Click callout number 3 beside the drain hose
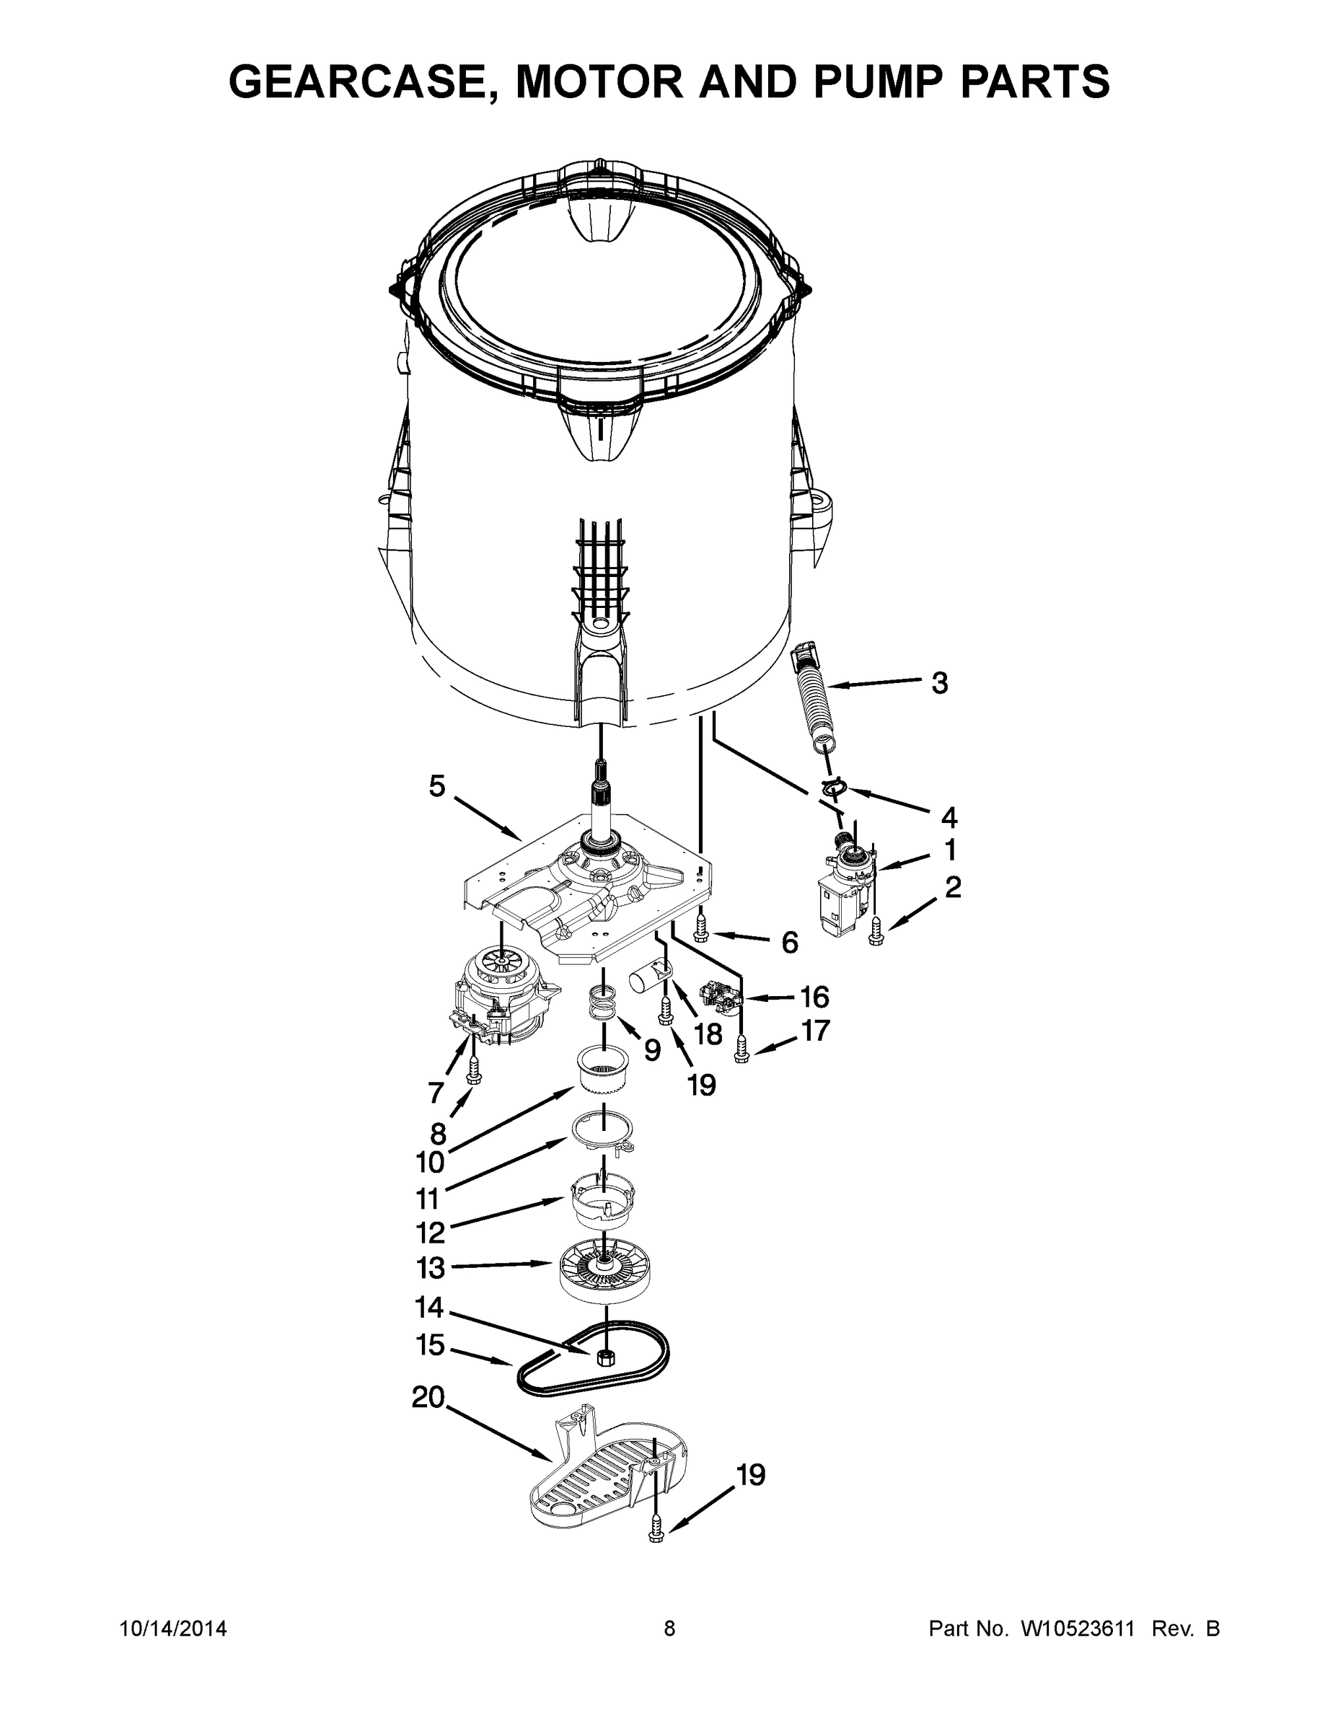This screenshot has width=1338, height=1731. point(939,682)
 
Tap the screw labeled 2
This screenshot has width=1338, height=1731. point(875,932)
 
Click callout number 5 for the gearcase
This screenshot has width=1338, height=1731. point(437,786)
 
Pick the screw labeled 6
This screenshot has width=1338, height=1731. point(700,928)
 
